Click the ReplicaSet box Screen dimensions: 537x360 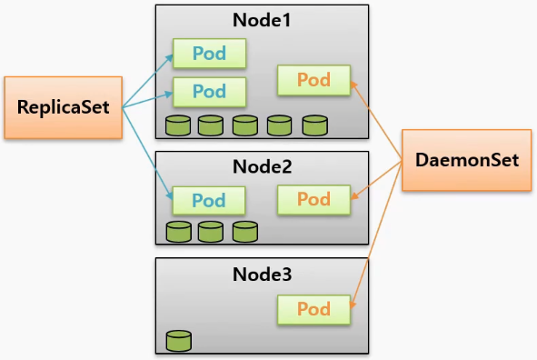pos(64,107)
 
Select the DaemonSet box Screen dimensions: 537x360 pos(466,160)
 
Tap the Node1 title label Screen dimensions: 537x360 pos(262,20)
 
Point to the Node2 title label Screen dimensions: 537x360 pos(262,166)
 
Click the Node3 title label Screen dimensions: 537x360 pos(262,274)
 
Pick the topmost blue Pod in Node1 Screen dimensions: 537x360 pos(209,54)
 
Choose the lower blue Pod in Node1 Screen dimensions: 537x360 pos(209,92)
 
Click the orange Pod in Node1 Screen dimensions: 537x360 pos(313,80)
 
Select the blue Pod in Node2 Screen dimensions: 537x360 pos(209,200)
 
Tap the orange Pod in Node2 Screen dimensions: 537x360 pos(313,200)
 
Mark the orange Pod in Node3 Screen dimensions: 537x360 pos(313,309)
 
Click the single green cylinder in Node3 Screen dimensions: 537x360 pos(179,341)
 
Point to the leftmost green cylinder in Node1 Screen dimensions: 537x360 pos(178,125)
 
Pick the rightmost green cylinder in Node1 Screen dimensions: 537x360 pos(315,125)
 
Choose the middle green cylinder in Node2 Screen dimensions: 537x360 pos(211,232)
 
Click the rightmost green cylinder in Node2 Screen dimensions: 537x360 pos(245,232)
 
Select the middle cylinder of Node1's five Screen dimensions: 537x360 pos(245,125)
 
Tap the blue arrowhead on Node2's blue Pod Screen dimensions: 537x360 pos(169,195)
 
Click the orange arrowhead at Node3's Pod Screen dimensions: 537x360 pos(353,304)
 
